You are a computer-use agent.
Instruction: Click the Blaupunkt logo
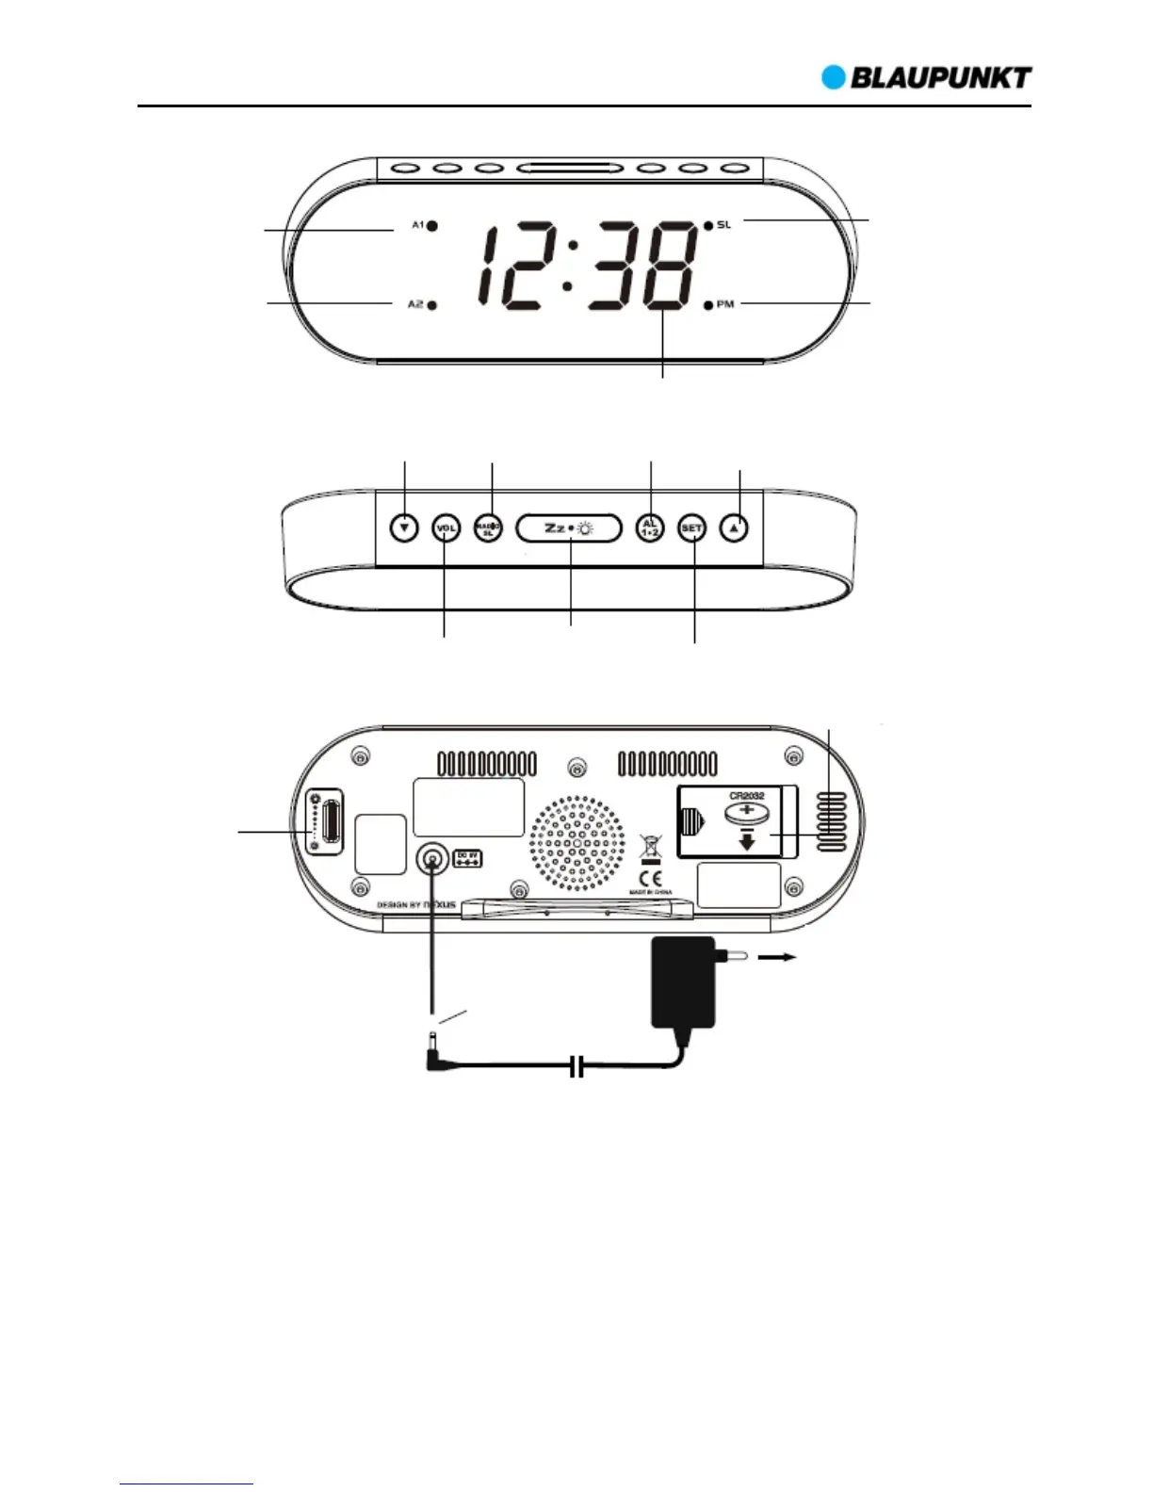pyautogui.click(x=927, y=77)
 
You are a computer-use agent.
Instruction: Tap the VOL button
pyautogui.click(x=446, y=528)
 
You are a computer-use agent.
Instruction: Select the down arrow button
pyautogui.click(x=404, y=528)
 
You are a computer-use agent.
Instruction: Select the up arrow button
pyautogui.click(x=736, y=528)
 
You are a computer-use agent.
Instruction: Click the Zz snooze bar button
pyautogui.click(x=569, y=528)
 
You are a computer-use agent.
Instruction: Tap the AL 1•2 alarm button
pyautogui.click(x=650, y=528)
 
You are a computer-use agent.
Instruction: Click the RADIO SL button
pyautogui.click(x=488, y=528)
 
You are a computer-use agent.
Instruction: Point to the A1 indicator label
pyautogui.click(x=417, y=226)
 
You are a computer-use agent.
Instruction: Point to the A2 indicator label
pyautogui.click(x=415, y=304)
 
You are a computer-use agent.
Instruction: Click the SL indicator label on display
pyautogui.click(x=723, y=225)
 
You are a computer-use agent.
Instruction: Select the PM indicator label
pyautogui.click(x=725, y=304)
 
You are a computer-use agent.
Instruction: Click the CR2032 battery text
pyautogui.click(x=746, y=796)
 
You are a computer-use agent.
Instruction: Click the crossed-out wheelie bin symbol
pyautogui.click(x=650, y=847)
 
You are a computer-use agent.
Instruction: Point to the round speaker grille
pyautogui.click(x=576, y=844)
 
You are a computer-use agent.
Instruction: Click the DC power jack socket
pyautogui.click(x=431, y=859)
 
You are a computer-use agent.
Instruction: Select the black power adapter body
pyautogui.click(x=683, y=984)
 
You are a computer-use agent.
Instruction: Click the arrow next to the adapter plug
pyautogui.click(x=778, y=958)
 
